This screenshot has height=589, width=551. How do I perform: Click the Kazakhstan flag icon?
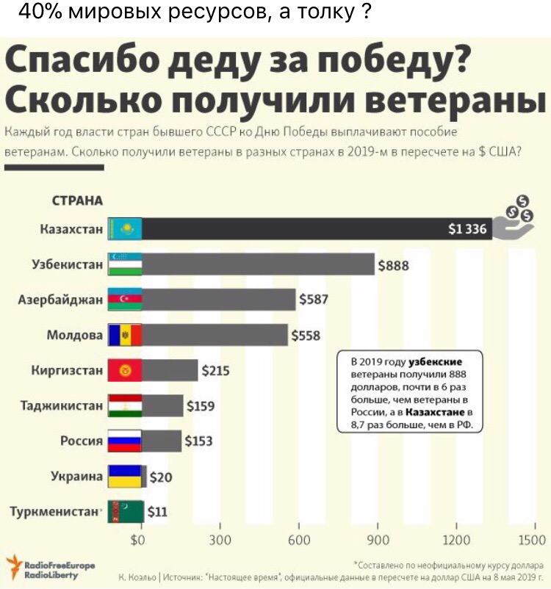point(124,229)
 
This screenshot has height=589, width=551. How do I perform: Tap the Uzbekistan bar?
point(258,264)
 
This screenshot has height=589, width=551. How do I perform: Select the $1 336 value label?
point(467,229)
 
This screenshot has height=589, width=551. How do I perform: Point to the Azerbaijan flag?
point(124,300)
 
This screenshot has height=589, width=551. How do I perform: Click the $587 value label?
point(314,299)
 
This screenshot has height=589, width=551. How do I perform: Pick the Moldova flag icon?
point(124,335)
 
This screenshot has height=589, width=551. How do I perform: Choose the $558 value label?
point(306,336)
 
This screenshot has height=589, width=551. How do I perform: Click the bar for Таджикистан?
point(162,405)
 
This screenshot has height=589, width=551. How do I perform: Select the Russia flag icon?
point(124,441)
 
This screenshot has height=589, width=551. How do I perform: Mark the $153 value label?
point(198,441)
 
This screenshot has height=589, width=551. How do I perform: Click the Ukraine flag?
point(124,477)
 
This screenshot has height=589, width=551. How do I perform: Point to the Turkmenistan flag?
point(124,512)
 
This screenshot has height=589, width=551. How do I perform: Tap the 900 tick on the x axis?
point(378,541)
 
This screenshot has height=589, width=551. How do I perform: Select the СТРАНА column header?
point(77,200)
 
